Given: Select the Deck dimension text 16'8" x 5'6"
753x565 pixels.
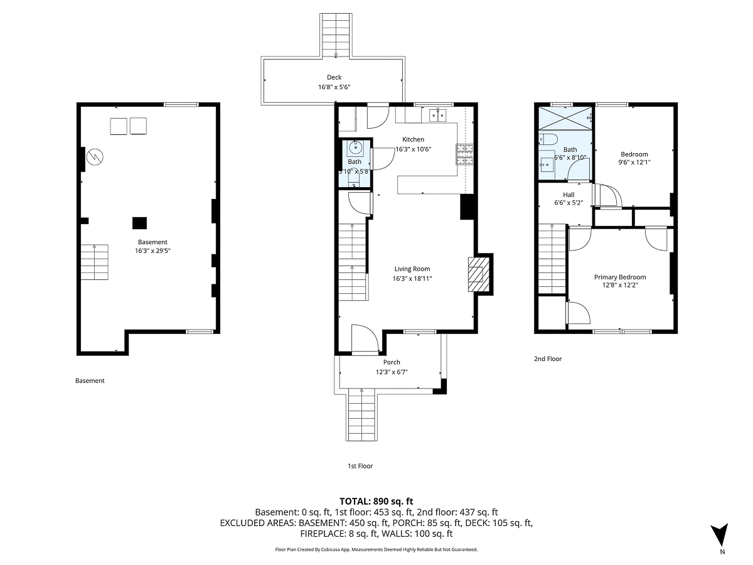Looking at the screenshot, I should [334, 87].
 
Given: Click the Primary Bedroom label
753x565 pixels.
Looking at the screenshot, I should [620, 277].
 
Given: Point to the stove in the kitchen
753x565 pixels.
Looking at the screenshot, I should [464, 154].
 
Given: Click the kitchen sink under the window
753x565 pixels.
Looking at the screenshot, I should [438, 115].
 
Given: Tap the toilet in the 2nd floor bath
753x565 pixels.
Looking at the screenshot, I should [545, 139].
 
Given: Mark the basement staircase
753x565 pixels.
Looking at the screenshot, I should [94, 261].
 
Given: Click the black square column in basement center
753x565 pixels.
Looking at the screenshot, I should [139, 222].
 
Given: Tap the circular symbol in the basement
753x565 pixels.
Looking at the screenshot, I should [95, 155].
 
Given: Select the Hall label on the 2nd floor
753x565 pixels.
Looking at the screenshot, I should [569, 195].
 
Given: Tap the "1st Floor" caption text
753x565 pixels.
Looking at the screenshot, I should [360, 466].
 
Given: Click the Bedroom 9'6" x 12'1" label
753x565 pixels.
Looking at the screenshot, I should [634, 159].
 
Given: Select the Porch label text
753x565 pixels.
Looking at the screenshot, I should [392, 362].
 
